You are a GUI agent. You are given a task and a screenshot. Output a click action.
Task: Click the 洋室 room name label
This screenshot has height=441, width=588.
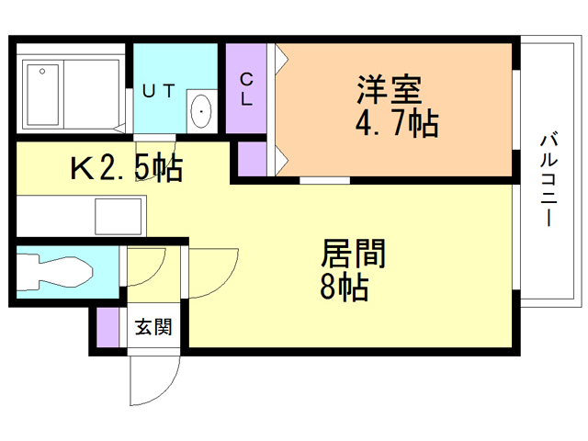(x=390, y=90)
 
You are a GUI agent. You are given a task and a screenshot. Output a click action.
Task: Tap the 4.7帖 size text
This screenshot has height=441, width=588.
(x=396, y=122)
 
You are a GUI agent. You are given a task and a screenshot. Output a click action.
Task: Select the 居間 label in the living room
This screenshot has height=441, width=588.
(x=353, y=254)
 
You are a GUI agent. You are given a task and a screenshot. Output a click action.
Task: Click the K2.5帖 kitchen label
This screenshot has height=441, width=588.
(x=127, y=167)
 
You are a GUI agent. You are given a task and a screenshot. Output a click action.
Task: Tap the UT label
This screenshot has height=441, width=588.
(x=158, y=91)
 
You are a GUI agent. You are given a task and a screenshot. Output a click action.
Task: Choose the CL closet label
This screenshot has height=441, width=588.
(x=246, y=89)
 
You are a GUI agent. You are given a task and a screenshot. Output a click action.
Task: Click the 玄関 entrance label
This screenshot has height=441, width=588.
(x=153, y=327)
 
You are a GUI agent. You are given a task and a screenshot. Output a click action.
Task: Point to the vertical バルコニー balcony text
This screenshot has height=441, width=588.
(x=548, y=180)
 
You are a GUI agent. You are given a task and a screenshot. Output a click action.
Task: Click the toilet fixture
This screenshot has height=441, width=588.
(x=54, y=272)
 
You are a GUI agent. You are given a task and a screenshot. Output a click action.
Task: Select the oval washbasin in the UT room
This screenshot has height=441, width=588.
(x=201, y=111)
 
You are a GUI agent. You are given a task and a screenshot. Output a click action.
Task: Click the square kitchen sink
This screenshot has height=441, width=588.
(x=119, y=217)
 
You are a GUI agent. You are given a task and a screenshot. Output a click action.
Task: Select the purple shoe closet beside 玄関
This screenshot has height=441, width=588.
(x=107, y=327)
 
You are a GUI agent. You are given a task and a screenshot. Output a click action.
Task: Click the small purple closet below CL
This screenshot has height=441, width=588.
(x=252, y=159)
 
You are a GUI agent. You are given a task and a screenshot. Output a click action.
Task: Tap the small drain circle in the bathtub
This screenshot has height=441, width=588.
(x=42, y=72)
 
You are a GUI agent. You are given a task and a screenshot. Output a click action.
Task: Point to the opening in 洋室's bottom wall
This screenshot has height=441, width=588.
(x=324, y=180)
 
